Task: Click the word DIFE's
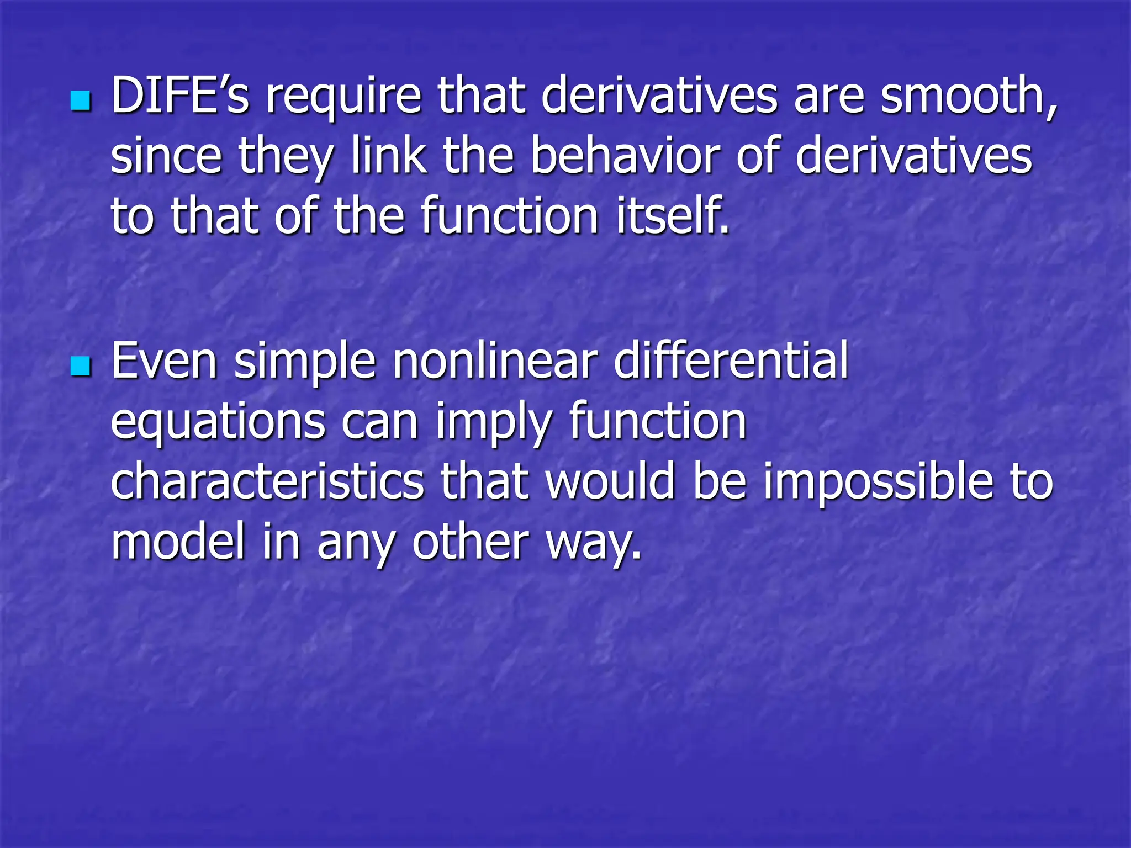click(x=180, y=96)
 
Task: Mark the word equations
click(x=218, y=423)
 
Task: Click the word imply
click(x=494, y=424)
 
